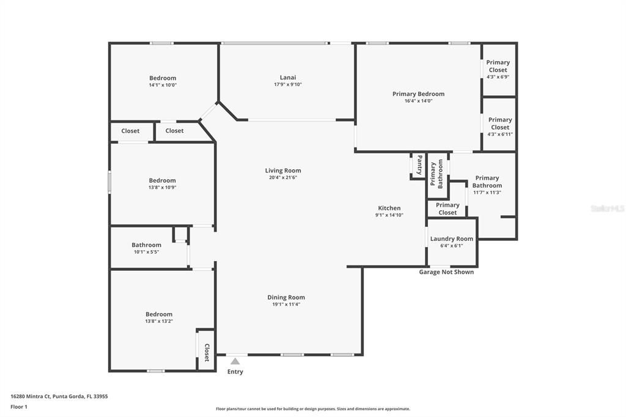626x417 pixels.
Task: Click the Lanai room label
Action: [288, 78]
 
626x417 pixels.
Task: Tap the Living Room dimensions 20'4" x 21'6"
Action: [283, 178]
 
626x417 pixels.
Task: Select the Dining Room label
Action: [286, 297]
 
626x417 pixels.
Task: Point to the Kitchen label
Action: [389, 208]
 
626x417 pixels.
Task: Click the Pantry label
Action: [419, 165]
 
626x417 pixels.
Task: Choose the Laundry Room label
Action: [452, 238]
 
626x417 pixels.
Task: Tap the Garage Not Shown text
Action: [446, 272]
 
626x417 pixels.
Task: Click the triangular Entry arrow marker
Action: [235, 361]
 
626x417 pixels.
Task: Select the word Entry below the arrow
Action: [235, 372]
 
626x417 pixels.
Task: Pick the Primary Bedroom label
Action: [418, 94]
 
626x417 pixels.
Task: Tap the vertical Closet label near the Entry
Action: [207, 352]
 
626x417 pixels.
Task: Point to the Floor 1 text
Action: [18, 406]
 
